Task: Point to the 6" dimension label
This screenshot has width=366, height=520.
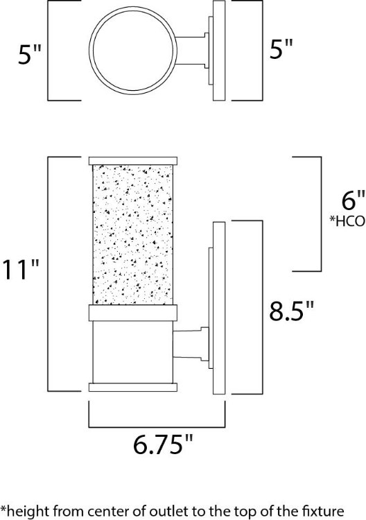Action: click(352, 202)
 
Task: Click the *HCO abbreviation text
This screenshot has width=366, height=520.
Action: click(348, 222)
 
